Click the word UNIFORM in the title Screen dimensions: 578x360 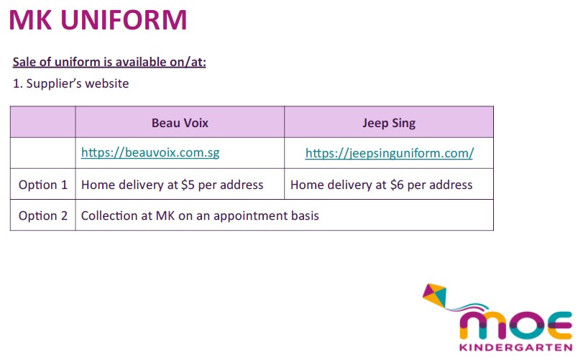(124, 20)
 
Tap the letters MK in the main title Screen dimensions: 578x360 (30, 20)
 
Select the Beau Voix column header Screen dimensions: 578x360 (180, 123)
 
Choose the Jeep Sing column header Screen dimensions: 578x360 (389, 123)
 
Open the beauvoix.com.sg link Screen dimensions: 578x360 (150, 152)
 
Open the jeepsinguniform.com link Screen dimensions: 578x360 (389, 153)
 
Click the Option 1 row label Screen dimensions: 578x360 (43, 185)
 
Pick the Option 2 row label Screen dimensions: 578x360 (43, 216)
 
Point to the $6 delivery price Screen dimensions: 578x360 (397, 185)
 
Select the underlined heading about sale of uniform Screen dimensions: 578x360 (109, 62)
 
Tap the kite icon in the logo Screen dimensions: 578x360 (435, 295)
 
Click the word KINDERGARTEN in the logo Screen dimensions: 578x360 (515, 348)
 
